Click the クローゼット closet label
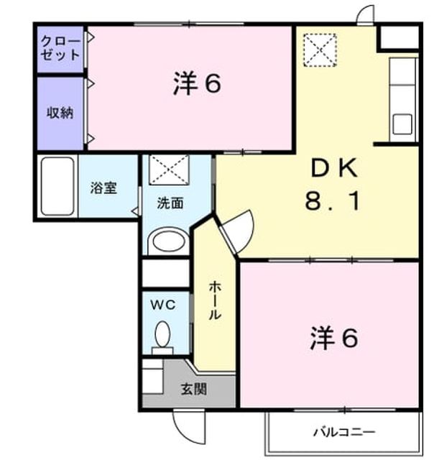tap(60, 48)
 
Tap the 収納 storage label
tap(60, 113)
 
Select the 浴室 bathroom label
tap(103, 188)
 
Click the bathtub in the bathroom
tap(57, 186)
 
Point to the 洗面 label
tap(170, 203)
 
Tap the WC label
tap(163, 305)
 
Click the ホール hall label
tap(215, 300)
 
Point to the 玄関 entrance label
tap(194, 390)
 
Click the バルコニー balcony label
tap(344, 432)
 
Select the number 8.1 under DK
tap(333, 201)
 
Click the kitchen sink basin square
tap(402, 124)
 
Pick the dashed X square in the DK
tap(320, 50)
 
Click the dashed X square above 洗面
tap(169, 170)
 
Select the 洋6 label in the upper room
tap(197, 83)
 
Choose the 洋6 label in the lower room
tap(334, 338)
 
